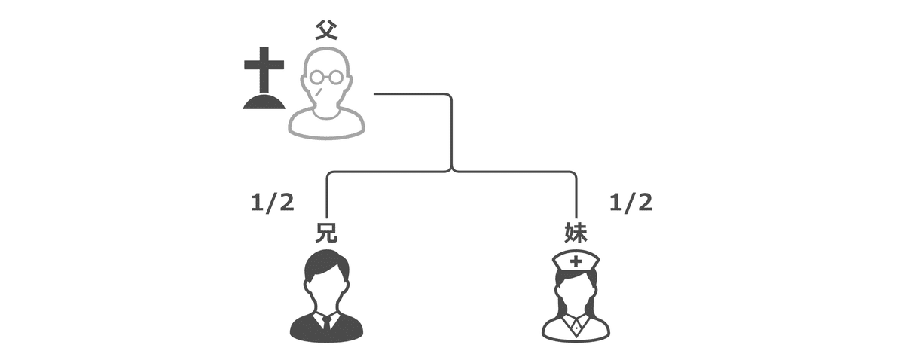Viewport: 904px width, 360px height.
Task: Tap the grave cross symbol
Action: [264, 71]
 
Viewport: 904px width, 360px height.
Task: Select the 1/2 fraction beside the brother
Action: [272, 203]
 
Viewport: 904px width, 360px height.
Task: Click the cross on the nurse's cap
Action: [576, 261]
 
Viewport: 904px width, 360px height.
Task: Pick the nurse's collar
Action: [576, 322]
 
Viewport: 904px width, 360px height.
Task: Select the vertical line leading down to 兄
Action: [326, 196]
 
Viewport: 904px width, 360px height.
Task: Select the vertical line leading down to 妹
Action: [576, 196]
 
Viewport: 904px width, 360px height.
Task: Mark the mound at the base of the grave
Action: [264, 102]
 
